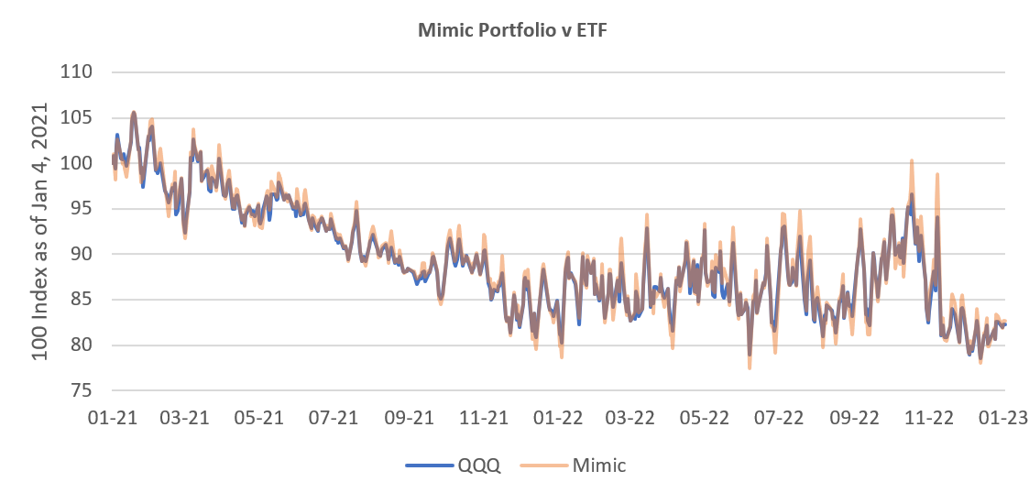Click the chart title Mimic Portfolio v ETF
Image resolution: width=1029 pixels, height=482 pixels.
[513, 29]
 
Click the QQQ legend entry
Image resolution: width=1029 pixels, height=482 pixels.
[479, 465]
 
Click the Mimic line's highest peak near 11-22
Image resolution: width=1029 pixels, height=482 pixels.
[912, 160]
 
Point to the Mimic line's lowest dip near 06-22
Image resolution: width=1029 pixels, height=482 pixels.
[750, 368]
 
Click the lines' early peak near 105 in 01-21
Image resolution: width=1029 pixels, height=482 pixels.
[134, 112]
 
